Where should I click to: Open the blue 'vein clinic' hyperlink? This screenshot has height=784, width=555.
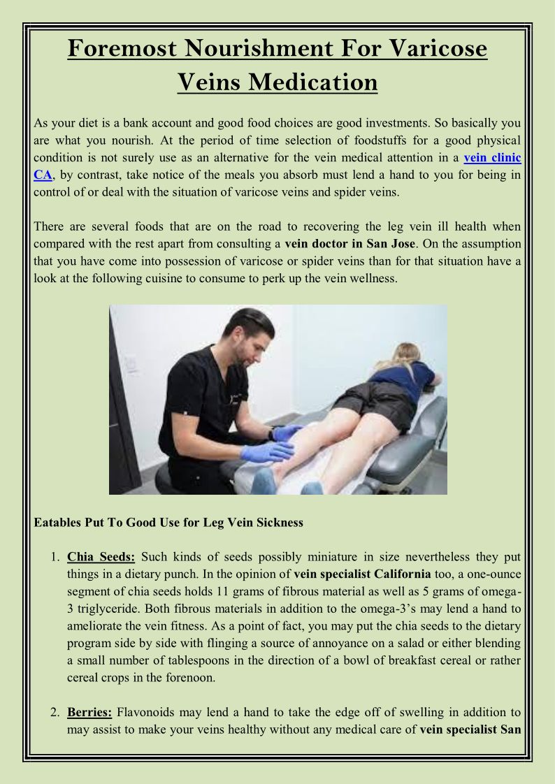coord(492,158)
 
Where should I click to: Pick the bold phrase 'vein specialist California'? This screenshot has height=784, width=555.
coord(362,574)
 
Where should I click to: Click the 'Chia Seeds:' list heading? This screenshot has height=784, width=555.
coord(101,557)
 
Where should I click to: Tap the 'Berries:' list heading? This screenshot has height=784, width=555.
coord(89,713)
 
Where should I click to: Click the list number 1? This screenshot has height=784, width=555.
coord(55,558)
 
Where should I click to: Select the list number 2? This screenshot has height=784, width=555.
coord(55,713)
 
